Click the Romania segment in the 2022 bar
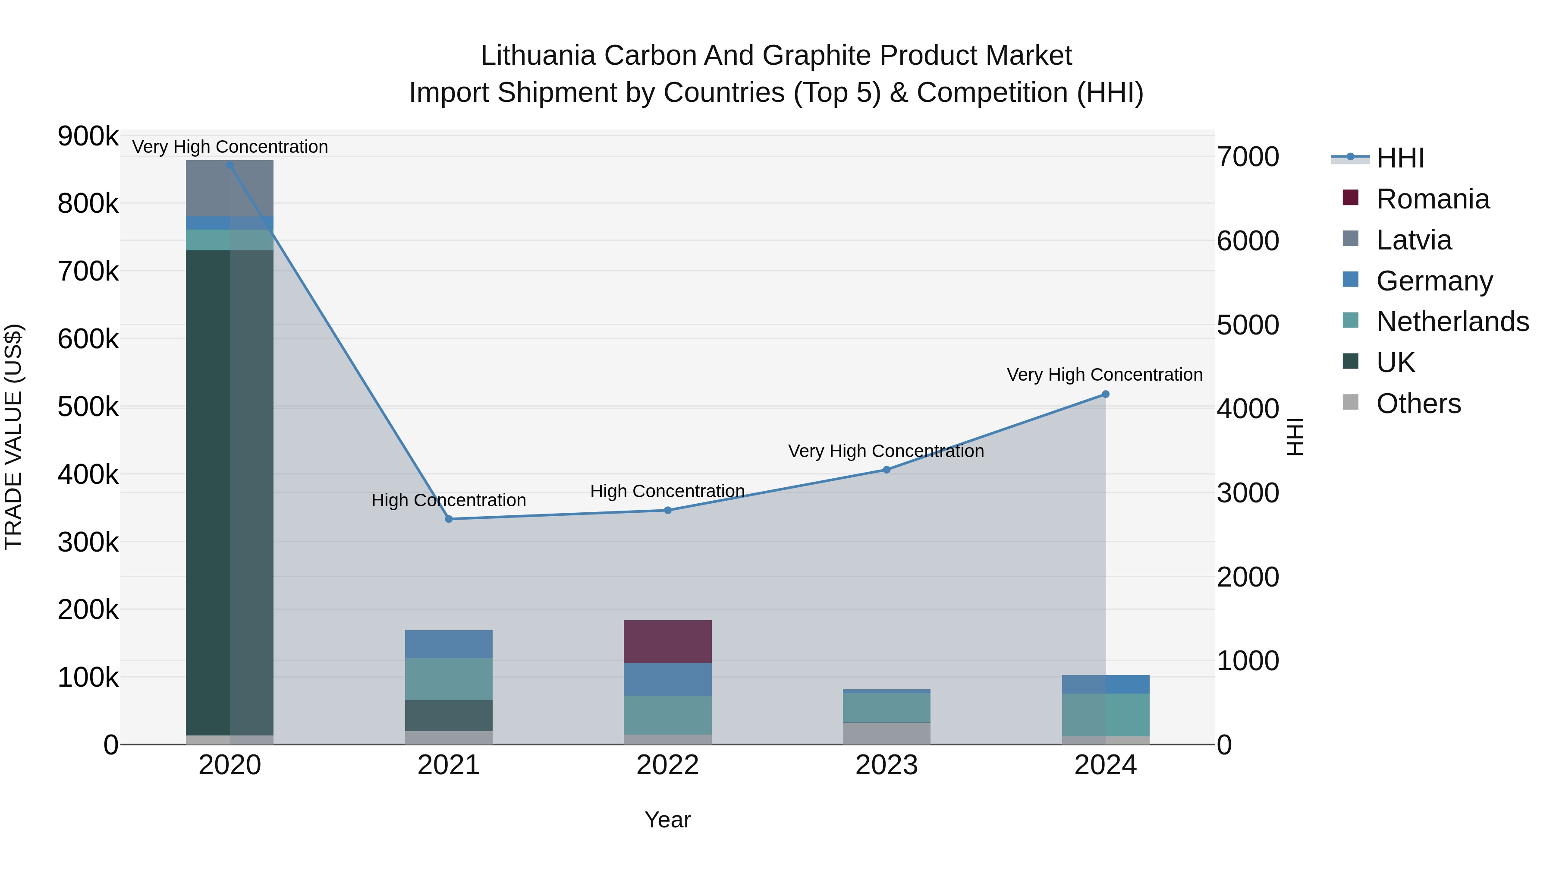coord(667,641)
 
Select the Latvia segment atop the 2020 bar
coord(229,188)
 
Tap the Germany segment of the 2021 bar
coord(449,644)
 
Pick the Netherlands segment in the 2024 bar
coord(1106,715)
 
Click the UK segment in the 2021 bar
coord(449,715)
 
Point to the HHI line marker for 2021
coord(449,519)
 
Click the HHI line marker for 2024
coord(1106,394)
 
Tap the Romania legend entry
coord(1432,199)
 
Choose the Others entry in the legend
coord(1418,404)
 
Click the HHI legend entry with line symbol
coord(1400,158)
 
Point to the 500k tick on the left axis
coord(88,407)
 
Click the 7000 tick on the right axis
coord(1247,157)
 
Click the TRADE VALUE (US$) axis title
coord(14,437)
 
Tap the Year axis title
coord(667,820)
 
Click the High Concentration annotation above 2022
coord(667,492)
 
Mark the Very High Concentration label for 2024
coord(1104,375)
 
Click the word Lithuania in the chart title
coord(538,56)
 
